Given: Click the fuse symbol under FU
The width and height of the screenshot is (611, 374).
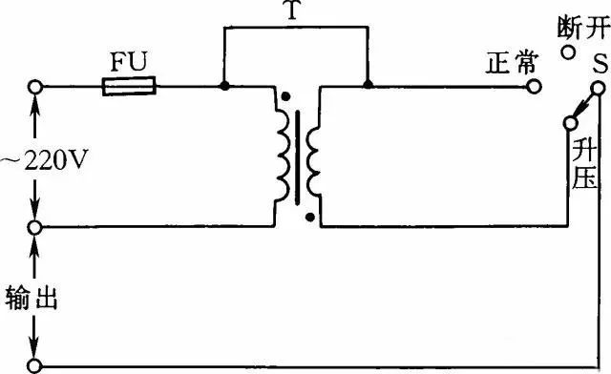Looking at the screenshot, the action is tap(129, 86).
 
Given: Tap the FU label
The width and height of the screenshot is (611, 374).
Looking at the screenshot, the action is tap(129, 62).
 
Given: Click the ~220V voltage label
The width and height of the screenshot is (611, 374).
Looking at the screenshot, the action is tap(44, 159).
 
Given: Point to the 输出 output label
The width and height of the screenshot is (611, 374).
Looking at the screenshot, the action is tap(32, 298).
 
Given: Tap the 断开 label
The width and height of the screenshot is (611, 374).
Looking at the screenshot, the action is tap(583, 28).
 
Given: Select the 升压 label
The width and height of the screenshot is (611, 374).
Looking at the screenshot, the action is tap(584, 164).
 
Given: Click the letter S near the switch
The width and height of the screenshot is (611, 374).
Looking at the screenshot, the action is tap(600, 64).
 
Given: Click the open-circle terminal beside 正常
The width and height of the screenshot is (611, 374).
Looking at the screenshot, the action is tap(534, 87).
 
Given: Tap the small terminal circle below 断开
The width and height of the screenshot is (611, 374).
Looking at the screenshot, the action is tap(569, 52).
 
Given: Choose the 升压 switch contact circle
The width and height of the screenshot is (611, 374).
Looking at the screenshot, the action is tap(570, 123).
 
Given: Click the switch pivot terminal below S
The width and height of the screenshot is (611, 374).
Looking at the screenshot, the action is tap(598, 89).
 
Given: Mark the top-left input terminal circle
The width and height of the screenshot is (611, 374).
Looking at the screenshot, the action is tap(35, 87).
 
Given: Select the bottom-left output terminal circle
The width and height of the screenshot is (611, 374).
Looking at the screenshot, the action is tap(35, 365).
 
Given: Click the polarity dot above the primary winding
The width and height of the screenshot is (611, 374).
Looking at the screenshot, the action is tap(285, 95).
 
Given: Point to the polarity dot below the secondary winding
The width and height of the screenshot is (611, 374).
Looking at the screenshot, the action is tap(309, 218).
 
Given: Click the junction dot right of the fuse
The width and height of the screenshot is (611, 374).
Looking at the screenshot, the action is tap(224, 86).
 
